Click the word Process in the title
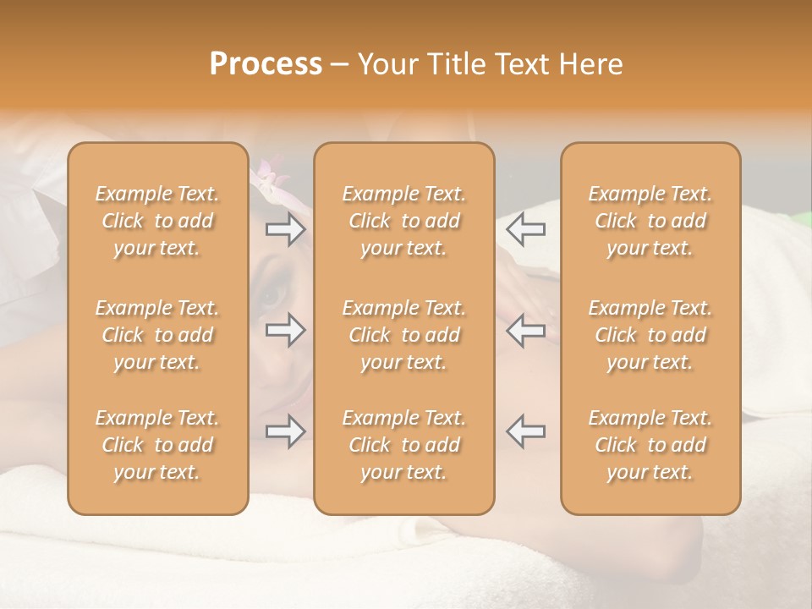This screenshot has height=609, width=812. (x=266, y=64)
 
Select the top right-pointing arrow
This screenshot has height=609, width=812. (x=285, y=229)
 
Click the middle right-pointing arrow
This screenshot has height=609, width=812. (x=285, y=330)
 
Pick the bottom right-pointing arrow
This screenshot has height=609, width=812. (x=285, y=431)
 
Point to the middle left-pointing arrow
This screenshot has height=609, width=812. (x=526, y=330)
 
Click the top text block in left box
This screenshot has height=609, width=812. (x=157, y=221)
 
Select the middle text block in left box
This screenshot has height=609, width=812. (x=157, y=335)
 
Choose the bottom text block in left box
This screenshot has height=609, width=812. (x=157, y=445)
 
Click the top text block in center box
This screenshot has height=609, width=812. (x=404, y=221)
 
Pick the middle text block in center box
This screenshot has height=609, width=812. (x=404, y=335)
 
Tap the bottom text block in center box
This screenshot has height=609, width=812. (x=404, y=445)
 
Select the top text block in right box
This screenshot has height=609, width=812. (x=650, y=221)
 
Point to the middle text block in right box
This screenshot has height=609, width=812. (x=650, y=335)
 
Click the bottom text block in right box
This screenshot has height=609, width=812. (x=650, y=445)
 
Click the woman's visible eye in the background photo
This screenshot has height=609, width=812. (x=272, y=296)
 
